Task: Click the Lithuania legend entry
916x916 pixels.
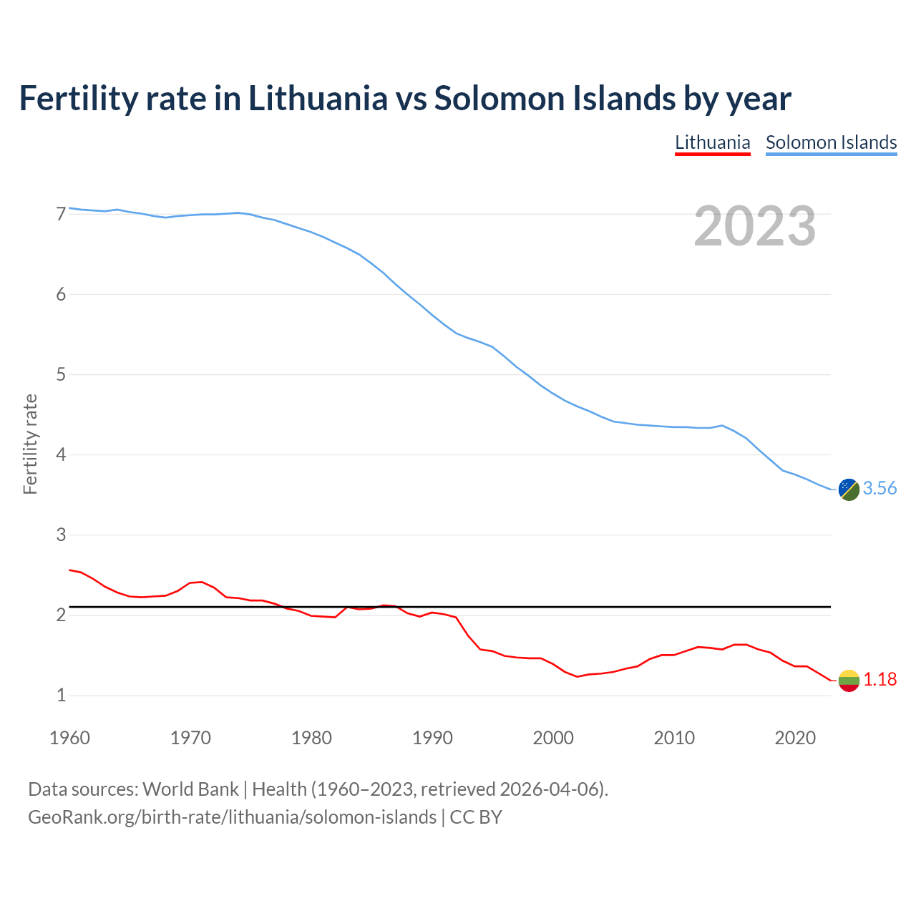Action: pos(712,142)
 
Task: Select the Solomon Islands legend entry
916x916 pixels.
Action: pos(831,142)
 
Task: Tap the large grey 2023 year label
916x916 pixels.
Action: pos(755,226)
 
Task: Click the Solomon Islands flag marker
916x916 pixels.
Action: pos(849,489)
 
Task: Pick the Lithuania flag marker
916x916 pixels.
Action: pos(849,681)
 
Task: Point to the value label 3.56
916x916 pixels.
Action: pos(880,489)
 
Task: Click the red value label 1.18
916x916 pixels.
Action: pos(880,680)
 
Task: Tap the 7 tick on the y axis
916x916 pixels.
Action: pos(61,214)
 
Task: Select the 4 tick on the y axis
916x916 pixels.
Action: pos(61,454)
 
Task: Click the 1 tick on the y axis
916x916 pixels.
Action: pos(61,695)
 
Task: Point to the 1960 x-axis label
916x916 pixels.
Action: pos(69,738)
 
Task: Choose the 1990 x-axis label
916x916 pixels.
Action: pos(432,738)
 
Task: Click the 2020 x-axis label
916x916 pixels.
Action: pos(795,738)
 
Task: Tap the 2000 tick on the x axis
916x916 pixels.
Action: pos(553,738)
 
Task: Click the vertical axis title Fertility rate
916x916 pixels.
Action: pos(30,444)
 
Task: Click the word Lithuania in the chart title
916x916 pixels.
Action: pos(318,99)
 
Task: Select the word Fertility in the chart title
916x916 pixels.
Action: pos(77,99)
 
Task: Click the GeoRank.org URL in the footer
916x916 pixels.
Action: pos(232,817)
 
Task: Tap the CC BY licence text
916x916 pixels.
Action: pos(476,817)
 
